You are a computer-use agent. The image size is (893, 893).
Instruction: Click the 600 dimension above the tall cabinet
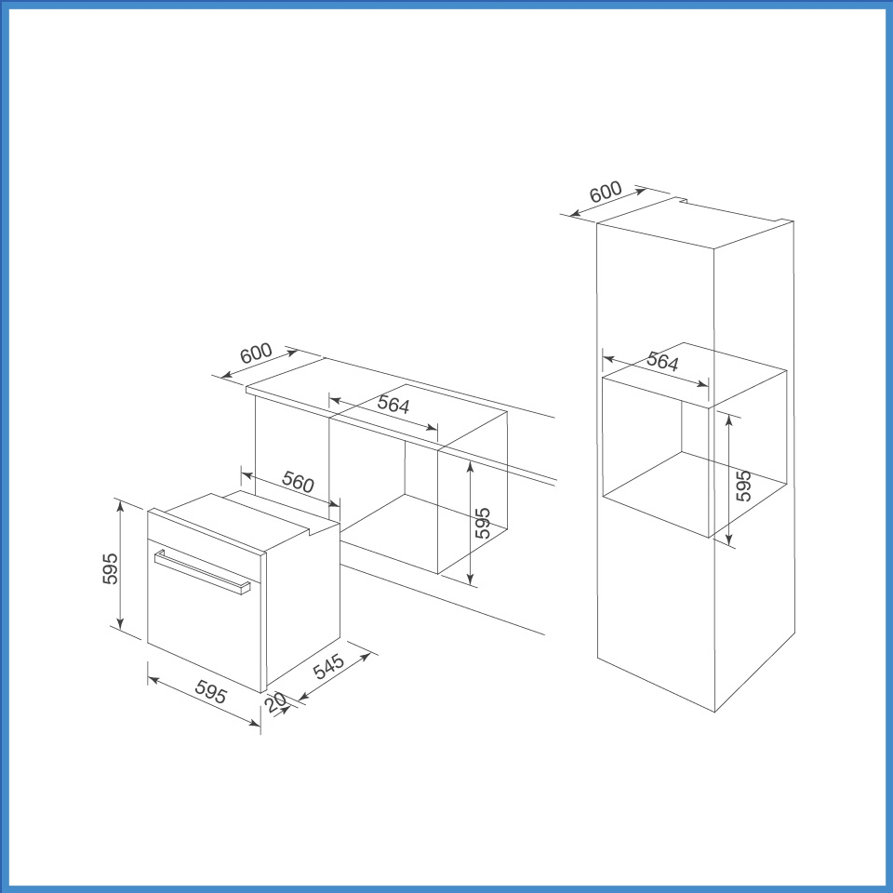click(606, 193)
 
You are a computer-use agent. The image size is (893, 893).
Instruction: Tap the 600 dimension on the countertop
click(256, 354)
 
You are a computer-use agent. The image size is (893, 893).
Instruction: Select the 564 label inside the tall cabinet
click(662, 363)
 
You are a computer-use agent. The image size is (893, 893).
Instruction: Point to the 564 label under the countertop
click(393, 405)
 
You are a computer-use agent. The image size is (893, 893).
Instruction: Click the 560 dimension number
click(298, 483)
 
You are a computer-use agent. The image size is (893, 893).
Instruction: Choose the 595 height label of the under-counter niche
click(482, 524)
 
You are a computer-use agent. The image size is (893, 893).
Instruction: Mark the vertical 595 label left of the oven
click(110, 568)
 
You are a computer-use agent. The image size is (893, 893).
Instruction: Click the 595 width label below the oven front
click(211, 696)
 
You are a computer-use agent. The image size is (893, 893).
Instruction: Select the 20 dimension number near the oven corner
click(275, 704)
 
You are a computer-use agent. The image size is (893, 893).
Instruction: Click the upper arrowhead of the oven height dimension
click(120, 503)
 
